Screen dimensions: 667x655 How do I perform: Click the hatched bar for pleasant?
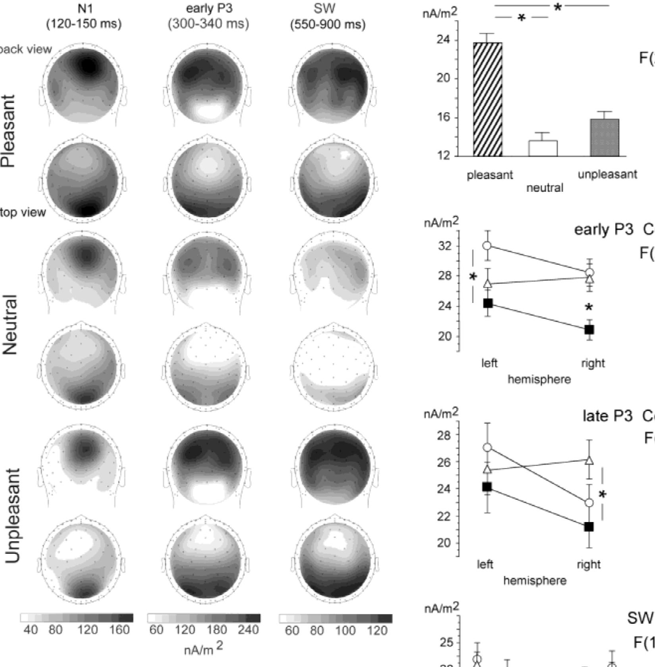click(487, 99)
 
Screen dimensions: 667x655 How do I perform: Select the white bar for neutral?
click(543, 148)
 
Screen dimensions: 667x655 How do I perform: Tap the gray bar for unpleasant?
click(604, 137)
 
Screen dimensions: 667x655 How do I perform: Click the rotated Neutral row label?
click(10, 325)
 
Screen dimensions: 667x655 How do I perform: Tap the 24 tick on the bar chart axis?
click(445, 40)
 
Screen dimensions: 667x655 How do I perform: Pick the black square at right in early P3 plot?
click(589, 329)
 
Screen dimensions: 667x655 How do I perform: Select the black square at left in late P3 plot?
click(487, 487)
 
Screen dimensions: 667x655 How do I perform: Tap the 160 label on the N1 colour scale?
click(119, 630)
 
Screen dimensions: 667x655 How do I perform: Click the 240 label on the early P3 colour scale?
click(248, 630)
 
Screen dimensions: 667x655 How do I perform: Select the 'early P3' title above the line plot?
click(603, 229)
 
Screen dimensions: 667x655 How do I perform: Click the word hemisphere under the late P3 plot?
click(535, 581)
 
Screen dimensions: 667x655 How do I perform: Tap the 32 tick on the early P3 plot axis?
click(445, 246)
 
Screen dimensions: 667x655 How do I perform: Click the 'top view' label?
click(23, 212)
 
